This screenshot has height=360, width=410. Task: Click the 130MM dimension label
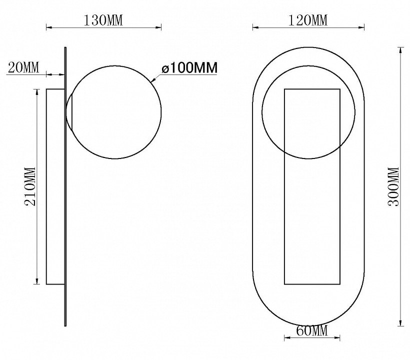point(103,20)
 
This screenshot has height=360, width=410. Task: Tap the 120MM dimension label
point(308,20)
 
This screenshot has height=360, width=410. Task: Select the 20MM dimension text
point(23,67)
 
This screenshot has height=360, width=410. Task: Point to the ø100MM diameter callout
point(189,67)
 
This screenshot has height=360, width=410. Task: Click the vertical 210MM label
point(30,186)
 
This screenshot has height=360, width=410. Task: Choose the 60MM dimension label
point(311,330)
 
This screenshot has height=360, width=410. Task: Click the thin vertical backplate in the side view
point(65,186)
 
